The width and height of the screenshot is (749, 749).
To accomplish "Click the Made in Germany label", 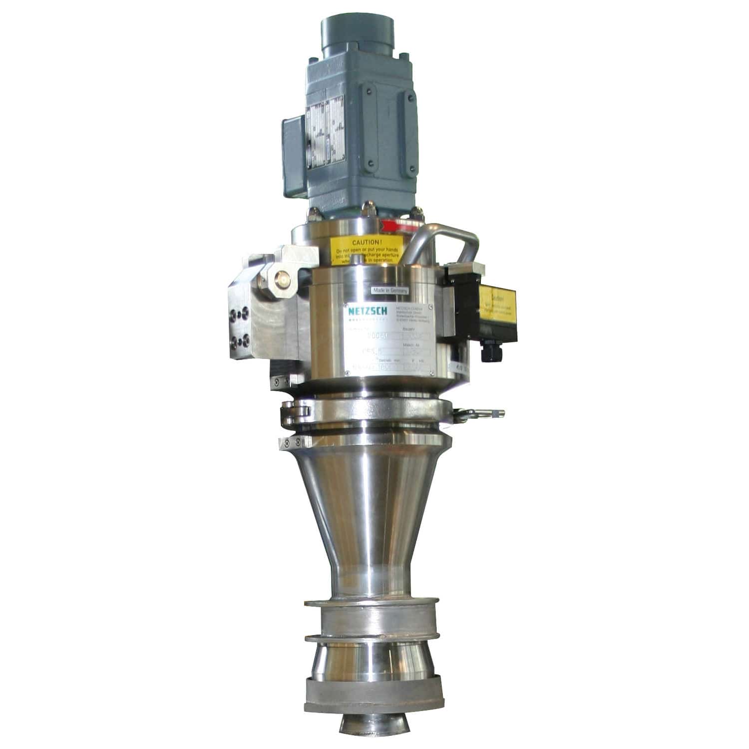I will pos(390,290).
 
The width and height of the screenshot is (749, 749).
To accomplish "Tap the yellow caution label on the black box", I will pos(496,303).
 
